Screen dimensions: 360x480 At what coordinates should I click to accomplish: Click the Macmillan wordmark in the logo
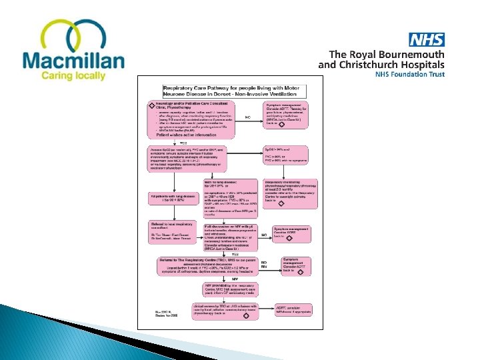(x=73, y=61)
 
